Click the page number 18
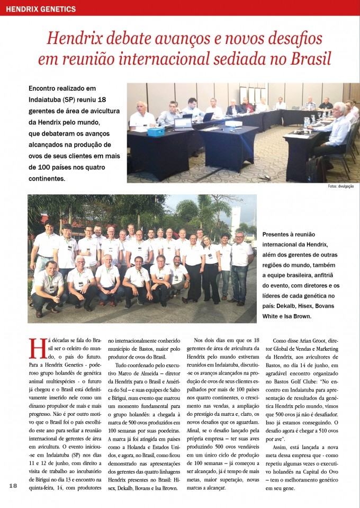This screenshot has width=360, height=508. click(14, 486)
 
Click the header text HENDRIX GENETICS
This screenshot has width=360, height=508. click(41, 9)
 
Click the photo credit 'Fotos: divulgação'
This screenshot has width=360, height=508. click(340, 186)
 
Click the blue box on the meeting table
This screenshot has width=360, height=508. click(156, 130)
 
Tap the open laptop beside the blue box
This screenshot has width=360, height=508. click(183, 124)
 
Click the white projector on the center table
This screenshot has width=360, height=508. click(233, 123)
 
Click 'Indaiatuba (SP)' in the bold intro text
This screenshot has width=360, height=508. click(53, 100)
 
